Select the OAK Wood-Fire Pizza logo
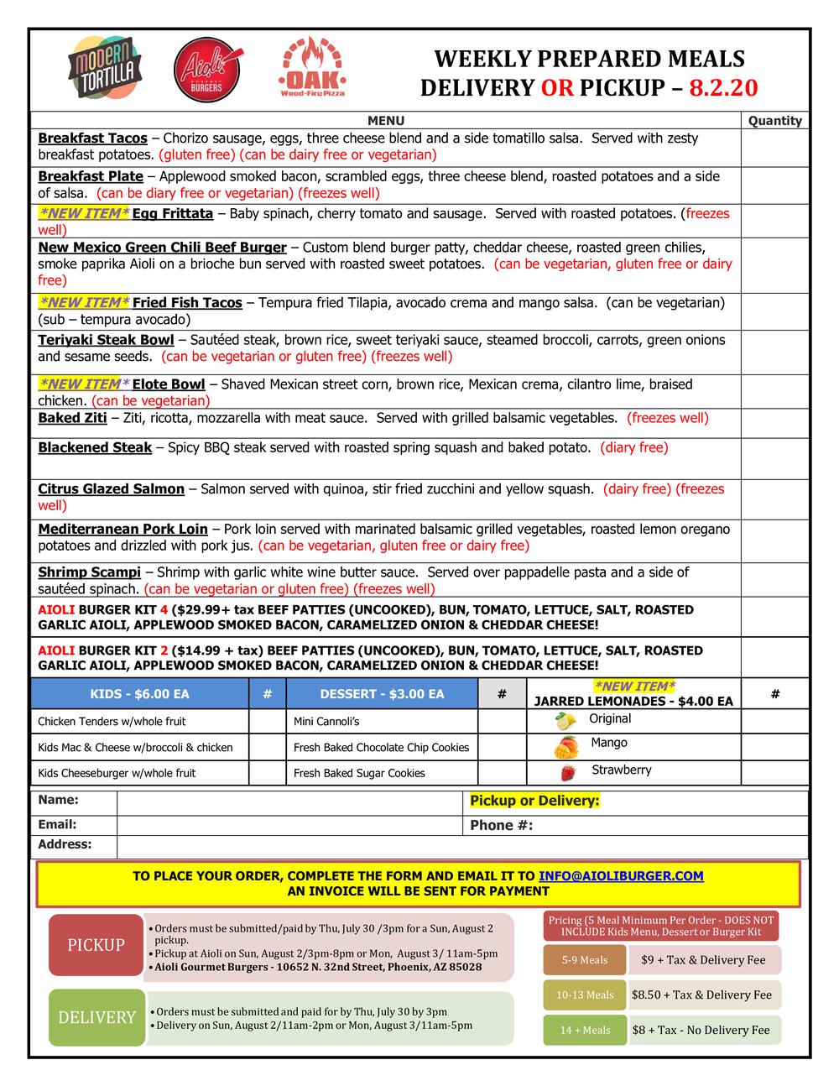(x=312, y=68)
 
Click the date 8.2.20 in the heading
(x=723, y=88)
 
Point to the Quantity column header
(x=774, y=121)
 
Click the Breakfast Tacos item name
(x=92, y=138)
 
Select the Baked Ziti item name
(x=72, y=418)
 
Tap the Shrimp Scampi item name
(x=89, y=572)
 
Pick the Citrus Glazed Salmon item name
(x=111, y=489)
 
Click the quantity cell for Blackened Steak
(x=774, y=457)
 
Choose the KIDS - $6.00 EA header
(x=139, y=694)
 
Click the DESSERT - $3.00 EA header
(x=382, y=694)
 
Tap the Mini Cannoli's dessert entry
(x=326, y=722)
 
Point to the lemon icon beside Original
(x=566, y=720)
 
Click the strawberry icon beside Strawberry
(x=568, y=772)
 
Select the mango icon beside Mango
(x=566, y=745)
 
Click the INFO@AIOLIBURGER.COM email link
(x=621, y=876)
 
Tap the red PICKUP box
(x=96, y=945)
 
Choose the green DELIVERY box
(x=96, y=1017)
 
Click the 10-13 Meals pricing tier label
(x=587, y=995)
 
